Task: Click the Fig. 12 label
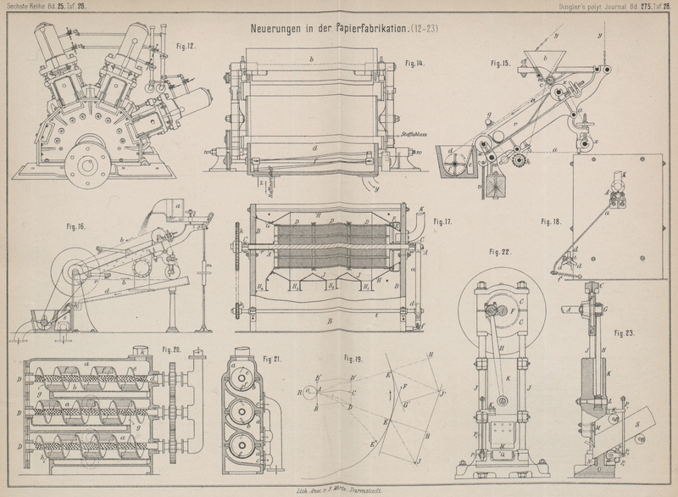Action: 186,47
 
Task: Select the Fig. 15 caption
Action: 501,63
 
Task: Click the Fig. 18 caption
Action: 552,221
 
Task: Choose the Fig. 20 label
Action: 172,349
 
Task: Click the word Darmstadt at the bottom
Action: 374,490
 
